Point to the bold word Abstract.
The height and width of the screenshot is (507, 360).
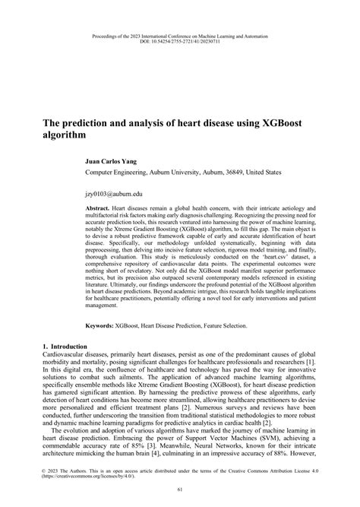97,208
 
